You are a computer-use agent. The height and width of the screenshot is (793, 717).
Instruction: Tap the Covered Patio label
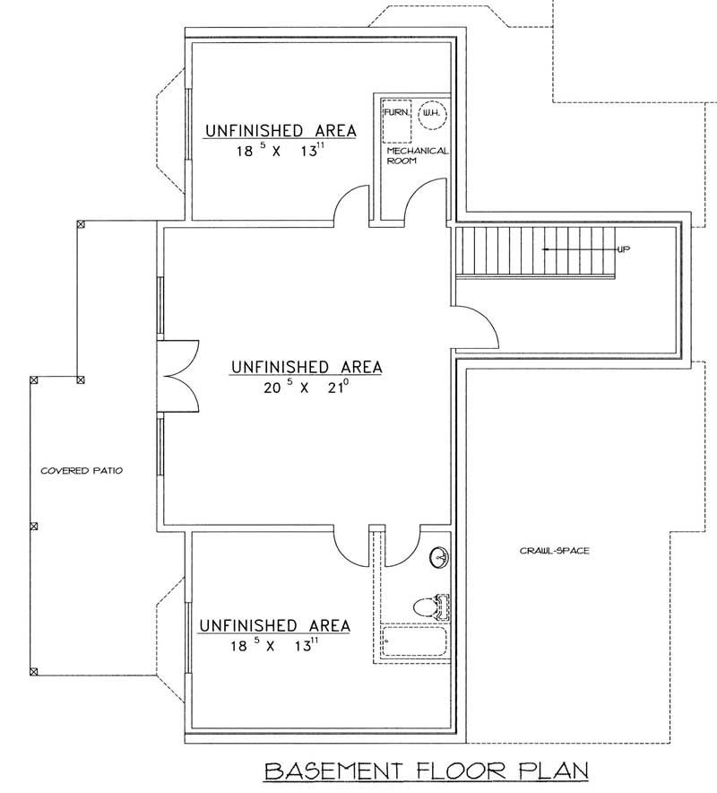coord(81,470)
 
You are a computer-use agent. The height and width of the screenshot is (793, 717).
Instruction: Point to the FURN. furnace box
coord(395,124)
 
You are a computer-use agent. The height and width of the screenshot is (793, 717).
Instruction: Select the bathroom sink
coord(439,558)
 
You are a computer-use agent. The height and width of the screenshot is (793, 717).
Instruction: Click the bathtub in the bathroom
coord(415,643)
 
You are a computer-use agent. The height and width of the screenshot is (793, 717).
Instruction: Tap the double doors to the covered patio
coord(179,377)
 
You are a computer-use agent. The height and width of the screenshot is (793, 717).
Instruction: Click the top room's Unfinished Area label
coord(280,130)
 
